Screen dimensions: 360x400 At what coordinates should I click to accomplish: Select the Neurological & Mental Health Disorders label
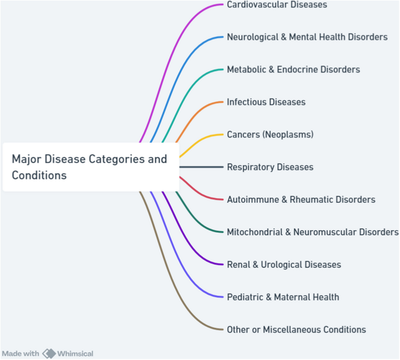tap(307, 37)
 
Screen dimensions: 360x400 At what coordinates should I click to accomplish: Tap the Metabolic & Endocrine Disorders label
tap(293, 70)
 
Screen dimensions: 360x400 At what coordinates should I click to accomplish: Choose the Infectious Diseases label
tap(266, 102)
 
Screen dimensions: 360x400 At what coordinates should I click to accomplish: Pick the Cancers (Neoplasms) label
tap(270, 134)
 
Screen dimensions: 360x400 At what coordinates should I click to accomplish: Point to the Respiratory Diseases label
tap(270, 167)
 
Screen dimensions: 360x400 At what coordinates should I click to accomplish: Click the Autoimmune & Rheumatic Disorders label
tap(301, 200)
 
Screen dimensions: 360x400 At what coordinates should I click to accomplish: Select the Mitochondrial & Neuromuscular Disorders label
tap(312, 232)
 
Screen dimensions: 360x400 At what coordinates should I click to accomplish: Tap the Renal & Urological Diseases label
tap(284, 265)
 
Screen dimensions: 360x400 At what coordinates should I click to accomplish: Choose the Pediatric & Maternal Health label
tap(283, 297)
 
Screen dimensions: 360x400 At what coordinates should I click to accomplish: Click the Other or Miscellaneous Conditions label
tap(296, 330)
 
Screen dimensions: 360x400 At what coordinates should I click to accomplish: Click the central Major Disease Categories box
tap(91, 167)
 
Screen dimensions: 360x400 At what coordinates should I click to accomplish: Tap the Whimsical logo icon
tap(49, 354)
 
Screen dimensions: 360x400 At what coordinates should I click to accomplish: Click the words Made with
tap(20, 354)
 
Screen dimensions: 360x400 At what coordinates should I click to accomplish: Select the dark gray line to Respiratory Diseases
tap(201, 167)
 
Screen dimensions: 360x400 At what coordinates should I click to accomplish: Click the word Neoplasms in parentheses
tap(288, 134)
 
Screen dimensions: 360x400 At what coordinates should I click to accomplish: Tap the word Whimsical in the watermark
tap(75, 354)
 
